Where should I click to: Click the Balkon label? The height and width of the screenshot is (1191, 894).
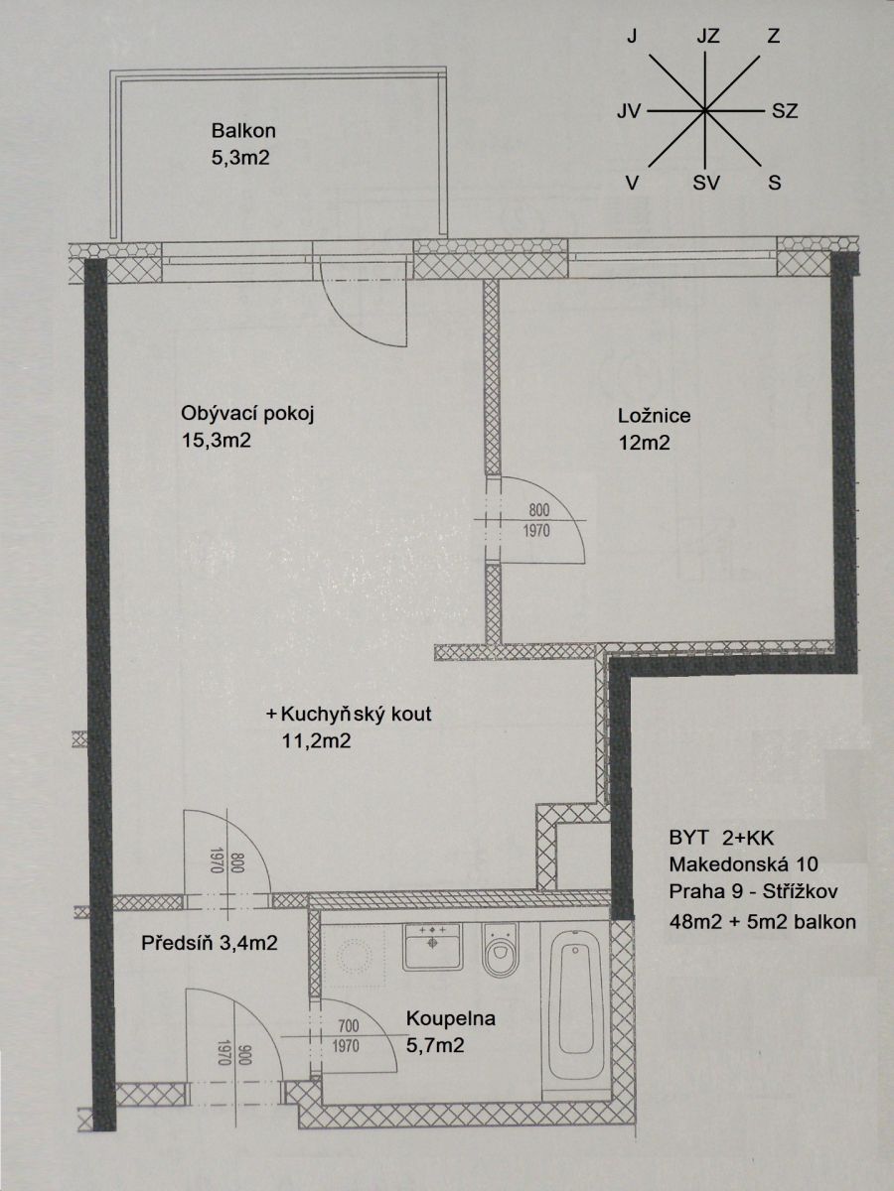(243, 131)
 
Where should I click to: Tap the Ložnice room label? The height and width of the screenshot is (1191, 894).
(654, 416)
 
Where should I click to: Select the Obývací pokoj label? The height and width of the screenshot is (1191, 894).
(248, 414)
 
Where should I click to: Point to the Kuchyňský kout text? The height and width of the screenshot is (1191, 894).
(356, 714)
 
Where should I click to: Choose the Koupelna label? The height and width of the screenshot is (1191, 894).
(451, 1019)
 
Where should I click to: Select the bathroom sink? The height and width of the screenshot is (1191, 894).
(433, 947)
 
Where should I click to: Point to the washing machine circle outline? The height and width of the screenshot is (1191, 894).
(354, 958)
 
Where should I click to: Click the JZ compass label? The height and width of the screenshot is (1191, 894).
(708, 37)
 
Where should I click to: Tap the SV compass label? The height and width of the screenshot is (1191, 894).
(706, 184)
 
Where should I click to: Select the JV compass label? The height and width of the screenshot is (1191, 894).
(629, 111)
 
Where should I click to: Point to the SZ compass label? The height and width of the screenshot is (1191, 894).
(785, 111)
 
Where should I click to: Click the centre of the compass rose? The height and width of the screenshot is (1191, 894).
(704, 111)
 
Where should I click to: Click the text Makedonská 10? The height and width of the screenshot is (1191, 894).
(743, 863)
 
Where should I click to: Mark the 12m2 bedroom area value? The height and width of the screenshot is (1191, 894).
(644, 444)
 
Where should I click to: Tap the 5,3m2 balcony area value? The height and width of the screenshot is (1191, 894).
(240, 158)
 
